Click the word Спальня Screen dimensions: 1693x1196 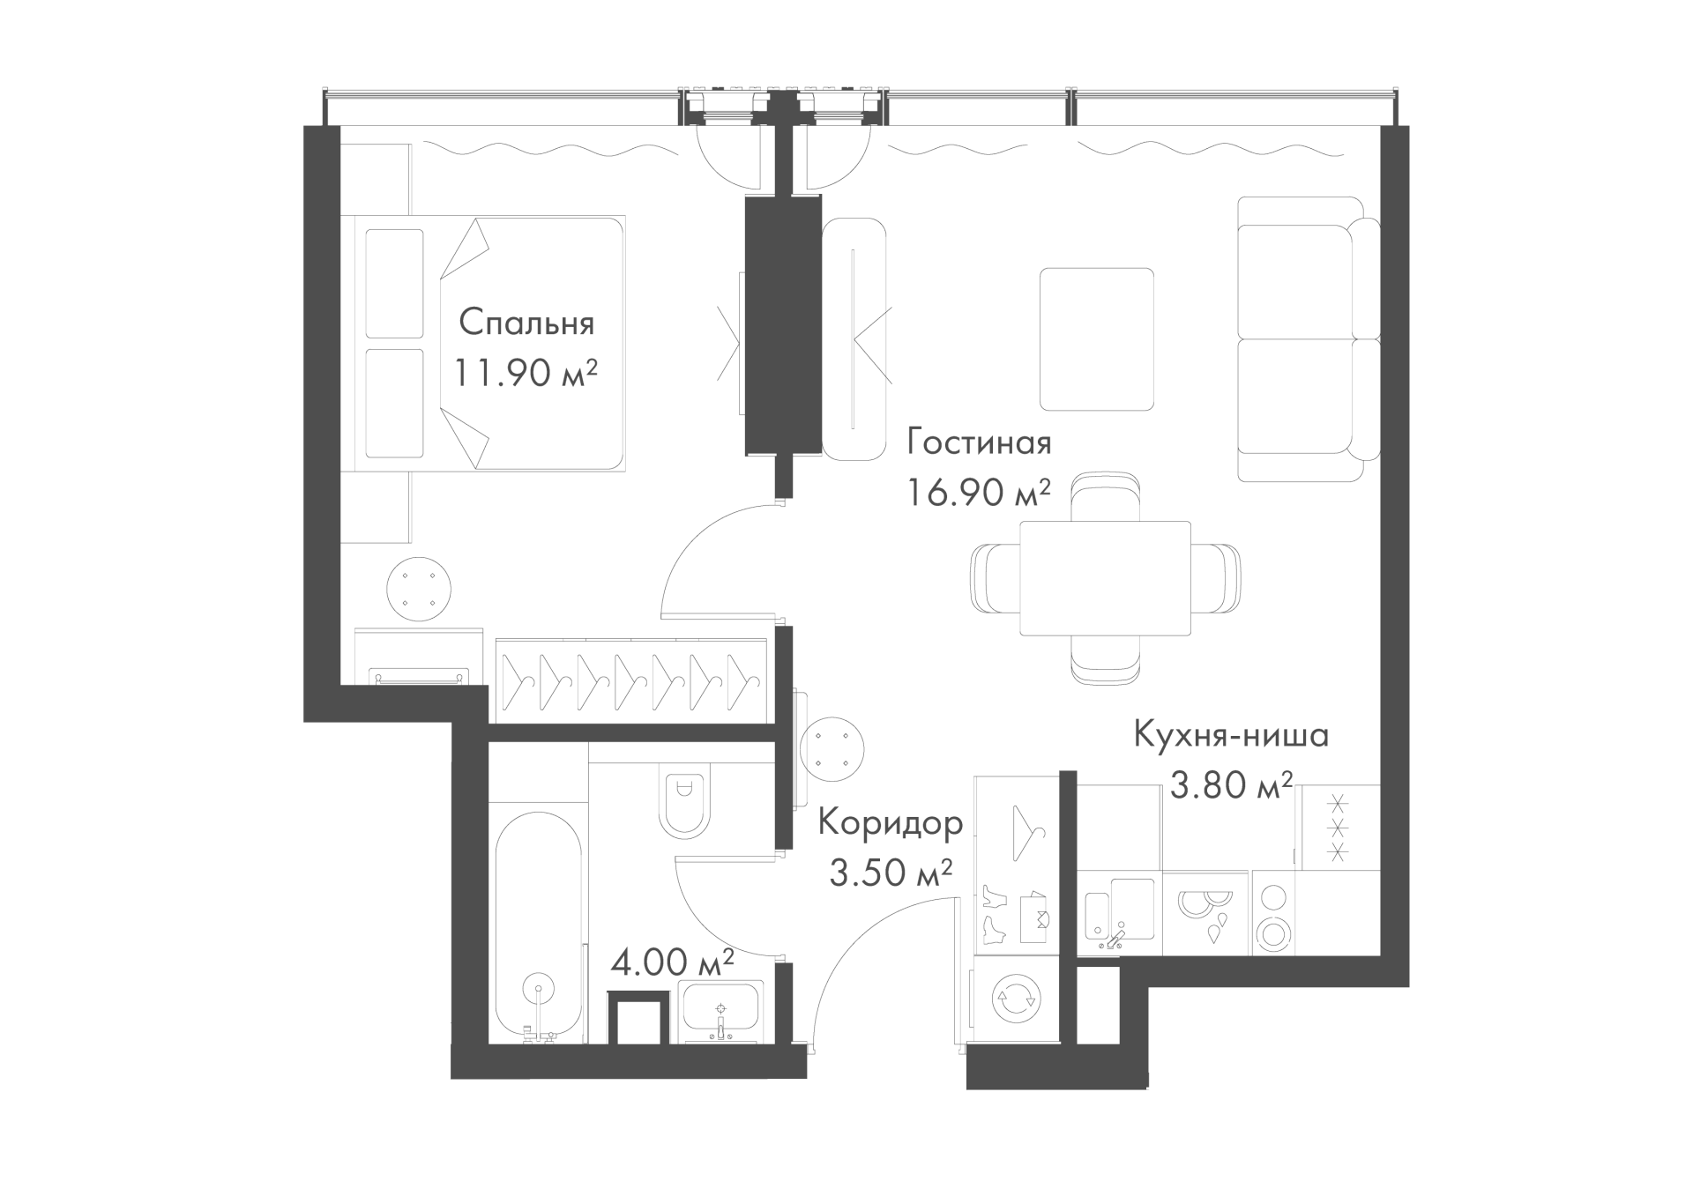click(x=526, y=323)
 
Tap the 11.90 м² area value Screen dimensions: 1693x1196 click(x=526, y=373)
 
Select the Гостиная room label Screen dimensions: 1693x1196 click(x=979, y=442)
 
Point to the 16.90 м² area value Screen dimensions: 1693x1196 click(x=979, y=492)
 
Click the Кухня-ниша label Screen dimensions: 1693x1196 click(x=1231, y=735)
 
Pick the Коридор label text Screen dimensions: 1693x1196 click(x=891, y=823)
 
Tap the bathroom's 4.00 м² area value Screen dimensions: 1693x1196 click(x=673, y=962)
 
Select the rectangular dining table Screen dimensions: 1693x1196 click(x=1105, y=578)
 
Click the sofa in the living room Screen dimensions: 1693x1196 click(x=1309, y=339)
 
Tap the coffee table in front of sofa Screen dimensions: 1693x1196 click(x=1097, y=339)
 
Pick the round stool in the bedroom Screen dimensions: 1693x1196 click(x=419, y=590)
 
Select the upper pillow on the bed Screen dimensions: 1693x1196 click(x=394, y=284)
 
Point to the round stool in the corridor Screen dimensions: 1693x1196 click(x=832, y=750)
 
